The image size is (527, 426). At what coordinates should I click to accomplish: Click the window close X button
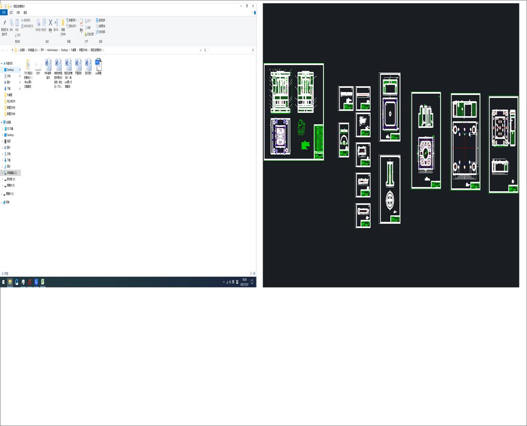[x=253, y=6]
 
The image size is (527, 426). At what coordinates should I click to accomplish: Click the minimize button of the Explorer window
[x=241, y=6]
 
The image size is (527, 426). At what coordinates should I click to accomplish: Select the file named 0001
[x=38, y=66]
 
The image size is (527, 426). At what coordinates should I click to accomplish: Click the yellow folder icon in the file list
[x=28, y=65]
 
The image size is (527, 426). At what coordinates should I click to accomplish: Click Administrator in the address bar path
[x=52, y=50]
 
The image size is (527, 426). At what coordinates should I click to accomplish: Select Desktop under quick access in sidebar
[x=10, y=70]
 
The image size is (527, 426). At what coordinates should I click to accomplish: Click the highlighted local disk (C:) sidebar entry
[x=11, y=173]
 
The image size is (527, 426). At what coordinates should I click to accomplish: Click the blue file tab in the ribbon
[x=4, y=13]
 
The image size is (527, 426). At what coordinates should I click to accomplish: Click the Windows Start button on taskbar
[x=3, y=282]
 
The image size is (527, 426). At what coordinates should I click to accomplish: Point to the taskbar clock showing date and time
[x=245, y=282]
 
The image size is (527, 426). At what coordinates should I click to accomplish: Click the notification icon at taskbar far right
[x=252, y=282]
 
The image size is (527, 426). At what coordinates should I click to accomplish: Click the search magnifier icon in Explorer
[x=253, y=50]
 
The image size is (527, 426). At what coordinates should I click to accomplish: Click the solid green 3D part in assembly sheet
[x=305, y=144]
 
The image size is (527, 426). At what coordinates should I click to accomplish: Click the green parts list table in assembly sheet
[x=318, y=142]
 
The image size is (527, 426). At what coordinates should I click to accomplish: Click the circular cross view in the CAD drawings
[x=390, y=200]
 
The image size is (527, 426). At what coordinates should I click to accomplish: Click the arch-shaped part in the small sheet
[x=343, y=140]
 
